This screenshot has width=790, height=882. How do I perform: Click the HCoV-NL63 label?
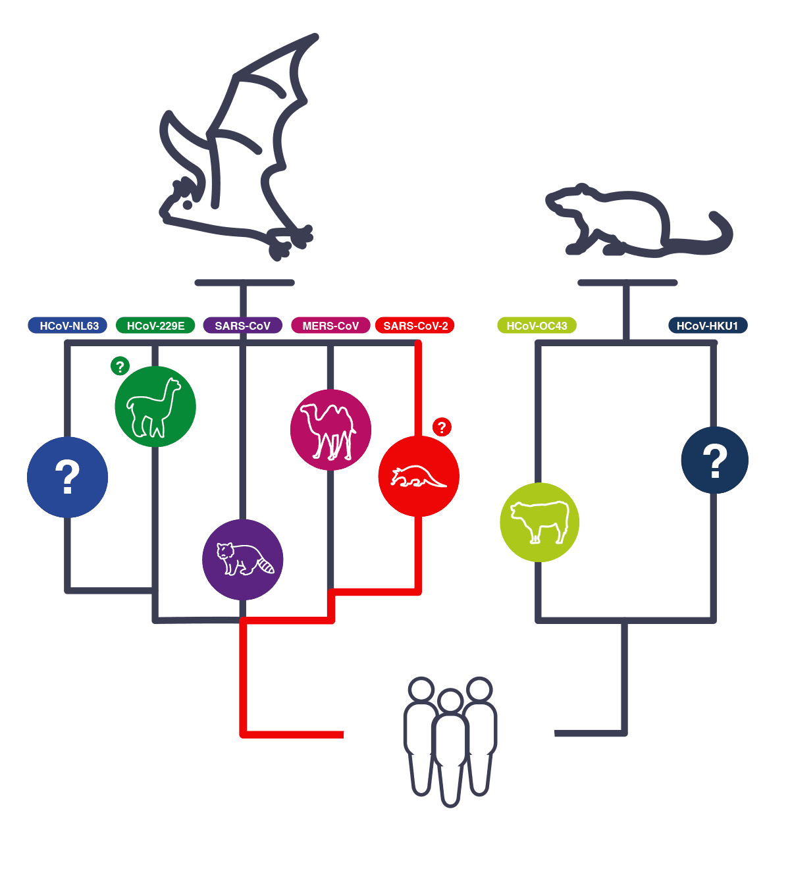68,326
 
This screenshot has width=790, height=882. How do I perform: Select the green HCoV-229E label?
155,326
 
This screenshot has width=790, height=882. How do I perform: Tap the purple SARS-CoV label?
242,326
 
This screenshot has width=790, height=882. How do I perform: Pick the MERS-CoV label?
330,326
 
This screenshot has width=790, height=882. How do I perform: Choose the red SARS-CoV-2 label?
415,326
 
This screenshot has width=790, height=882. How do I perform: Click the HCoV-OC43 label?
537,326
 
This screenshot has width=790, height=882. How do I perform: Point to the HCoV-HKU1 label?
708,326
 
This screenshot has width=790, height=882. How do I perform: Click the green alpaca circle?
155,406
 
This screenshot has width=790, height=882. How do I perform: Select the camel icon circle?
330,430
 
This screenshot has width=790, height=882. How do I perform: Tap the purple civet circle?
242,559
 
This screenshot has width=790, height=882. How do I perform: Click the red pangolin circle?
419,476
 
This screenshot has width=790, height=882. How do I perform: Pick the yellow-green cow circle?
540,522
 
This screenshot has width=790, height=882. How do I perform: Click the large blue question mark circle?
67,477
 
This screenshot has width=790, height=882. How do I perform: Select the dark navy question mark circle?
714,459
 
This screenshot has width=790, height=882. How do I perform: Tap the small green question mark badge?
120,366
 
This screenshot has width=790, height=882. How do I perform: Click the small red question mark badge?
442,427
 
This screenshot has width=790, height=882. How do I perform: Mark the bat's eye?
188,205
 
